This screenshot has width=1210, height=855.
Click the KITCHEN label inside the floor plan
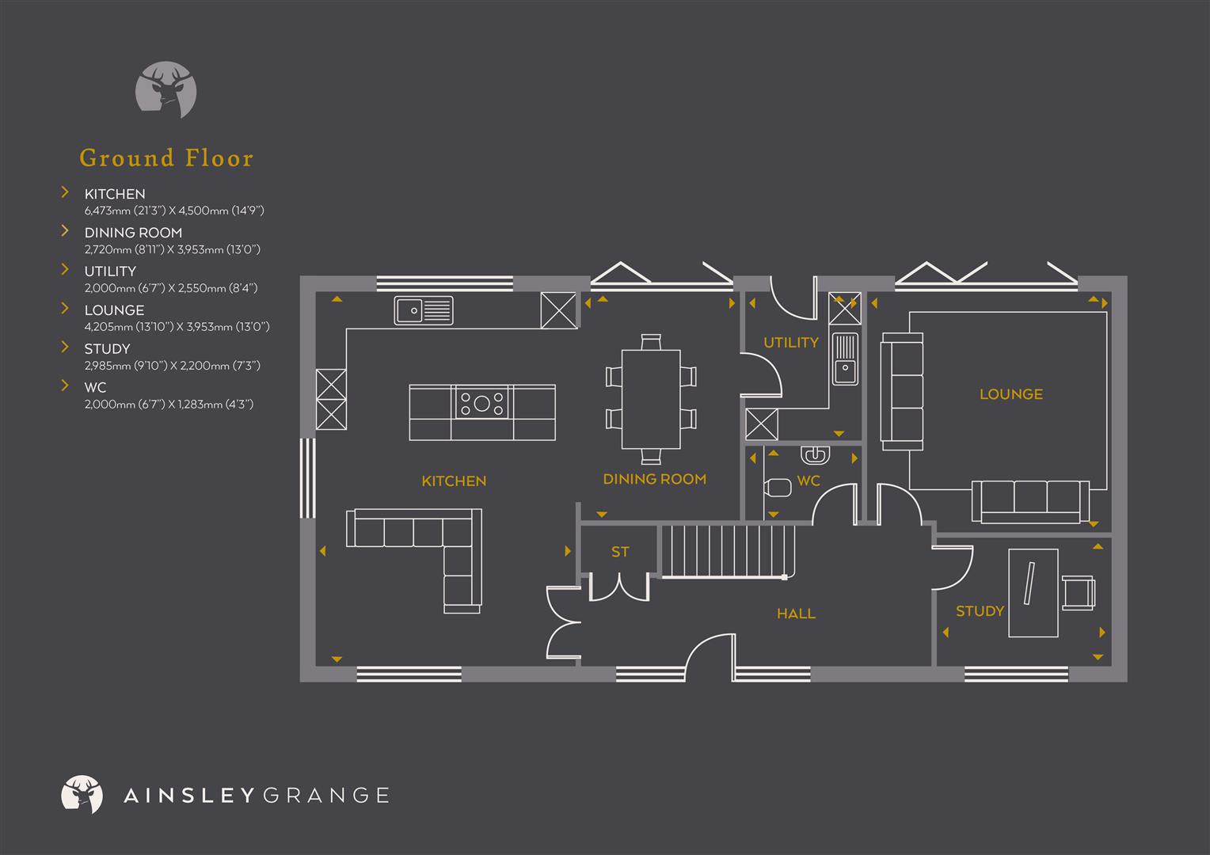tap(454, 481)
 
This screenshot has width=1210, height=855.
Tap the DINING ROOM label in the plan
tap(654, 479)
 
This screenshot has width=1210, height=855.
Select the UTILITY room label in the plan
tap(790, 343)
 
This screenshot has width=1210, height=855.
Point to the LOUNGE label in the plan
tap(1010, 394)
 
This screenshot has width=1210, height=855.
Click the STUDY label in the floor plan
tap(980, 611)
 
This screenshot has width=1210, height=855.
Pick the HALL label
tap(796, 614)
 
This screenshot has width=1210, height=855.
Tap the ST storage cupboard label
tap(620, 552)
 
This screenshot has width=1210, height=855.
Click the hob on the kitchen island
tap(481, 404)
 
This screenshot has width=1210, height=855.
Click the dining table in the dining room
tap(651, 399)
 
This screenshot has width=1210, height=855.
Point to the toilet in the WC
tap(777, 488)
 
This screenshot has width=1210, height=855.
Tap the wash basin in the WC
tap(815, 455)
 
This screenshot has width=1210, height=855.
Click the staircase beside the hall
tap(727, 551)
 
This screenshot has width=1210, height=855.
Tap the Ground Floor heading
tap(166, 158)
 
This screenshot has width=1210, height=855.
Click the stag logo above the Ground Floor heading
tap(166, 89)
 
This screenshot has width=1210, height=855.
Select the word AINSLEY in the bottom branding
tap(188, 796)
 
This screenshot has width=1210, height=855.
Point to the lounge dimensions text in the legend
tap(177, 327)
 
